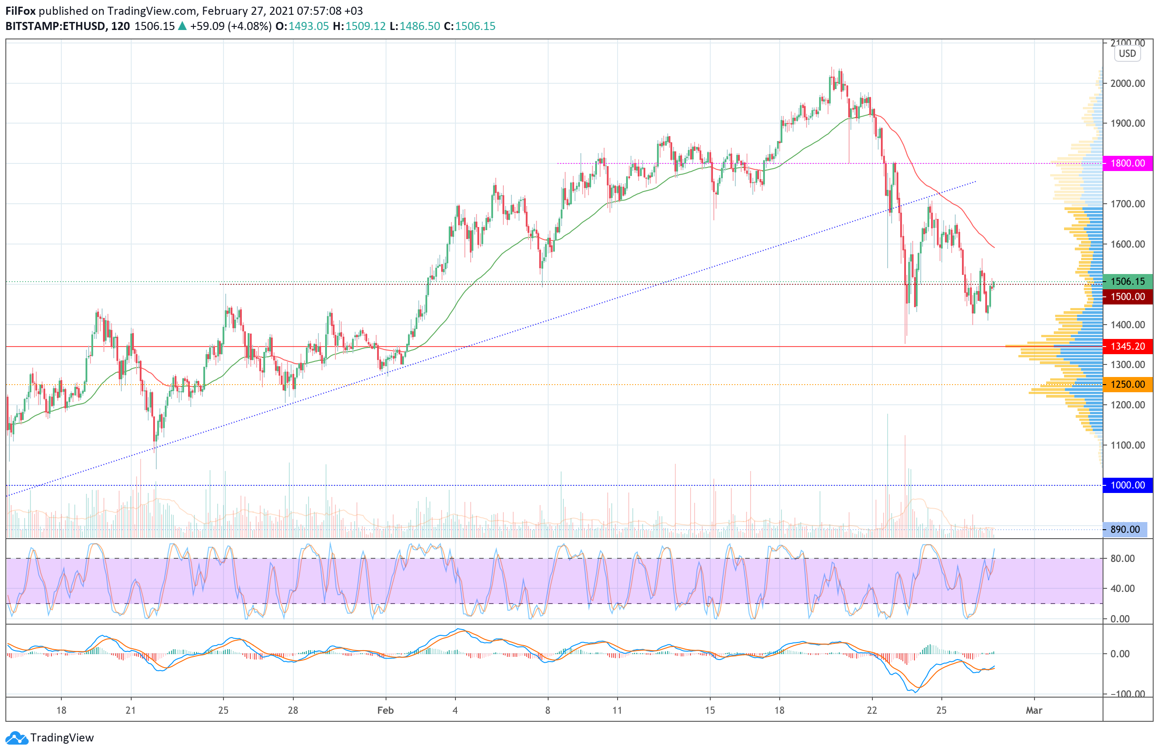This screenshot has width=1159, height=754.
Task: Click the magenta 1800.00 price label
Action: click(x=1127, y=163)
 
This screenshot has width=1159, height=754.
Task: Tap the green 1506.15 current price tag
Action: click(x=1127, y=281)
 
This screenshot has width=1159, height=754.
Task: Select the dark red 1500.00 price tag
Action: click(x=1127, y=296)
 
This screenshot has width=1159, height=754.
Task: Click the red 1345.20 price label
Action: click(x=1127, y=346)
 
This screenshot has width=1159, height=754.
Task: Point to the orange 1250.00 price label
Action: click(x=1127, y=385)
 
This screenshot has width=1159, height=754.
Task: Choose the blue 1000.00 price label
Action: click(x=1127, y=485)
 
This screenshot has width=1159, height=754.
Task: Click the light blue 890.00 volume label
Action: click(x=1125, y=529)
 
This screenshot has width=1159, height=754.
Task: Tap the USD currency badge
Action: click(x=1127, y=54)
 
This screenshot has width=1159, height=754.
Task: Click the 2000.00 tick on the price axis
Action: click(x=1127, y=83)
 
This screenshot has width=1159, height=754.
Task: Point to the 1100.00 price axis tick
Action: click(x=1127, y=445)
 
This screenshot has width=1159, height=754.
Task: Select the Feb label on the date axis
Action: click(x=385, y=710)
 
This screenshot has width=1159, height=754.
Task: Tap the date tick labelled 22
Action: click(x=871, y=710)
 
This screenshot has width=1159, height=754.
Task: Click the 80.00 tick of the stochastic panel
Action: click(x=1122, y=558)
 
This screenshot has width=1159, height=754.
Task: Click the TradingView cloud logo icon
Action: click(x=17, y=738)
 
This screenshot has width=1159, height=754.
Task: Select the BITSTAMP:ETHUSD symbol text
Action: click(x=56, y=26)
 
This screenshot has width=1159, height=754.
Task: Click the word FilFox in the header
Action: click(x=20, y=11)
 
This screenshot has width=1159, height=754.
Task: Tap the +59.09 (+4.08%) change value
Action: click(x=230, y=26)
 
